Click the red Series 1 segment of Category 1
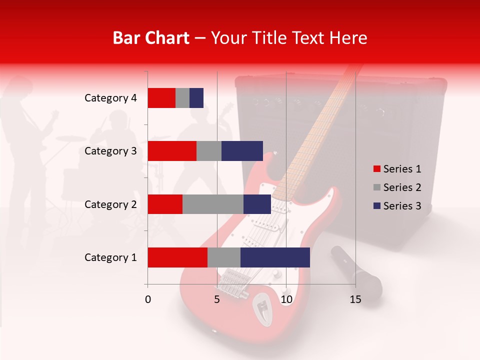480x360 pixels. click(x=177, y=257)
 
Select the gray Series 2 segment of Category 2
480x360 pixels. click(x=213, y=204)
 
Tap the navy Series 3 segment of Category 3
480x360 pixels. click(x=242, y=151)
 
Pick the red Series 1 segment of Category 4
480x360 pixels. click(x=161, y=98)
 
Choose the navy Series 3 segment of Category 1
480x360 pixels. click(x=275, y=257)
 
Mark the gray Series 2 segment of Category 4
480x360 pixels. click(x=182, y=98)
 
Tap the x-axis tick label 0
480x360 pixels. click(x=148, y=299)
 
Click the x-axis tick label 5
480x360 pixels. click(x=217, y=299)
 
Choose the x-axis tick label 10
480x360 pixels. click(x=286, y=299)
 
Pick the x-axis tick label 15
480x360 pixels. click(x=355, y=299)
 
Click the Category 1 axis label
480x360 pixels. click(x=110, y=257)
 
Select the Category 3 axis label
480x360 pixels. click(x=110, y=151)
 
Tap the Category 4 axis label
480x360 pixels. click(x=110, y=98)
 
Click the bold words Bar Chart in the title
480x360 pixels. click(x=151, y=38)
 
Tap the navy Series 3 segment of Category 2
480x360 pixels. click(x=257, y=204)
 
